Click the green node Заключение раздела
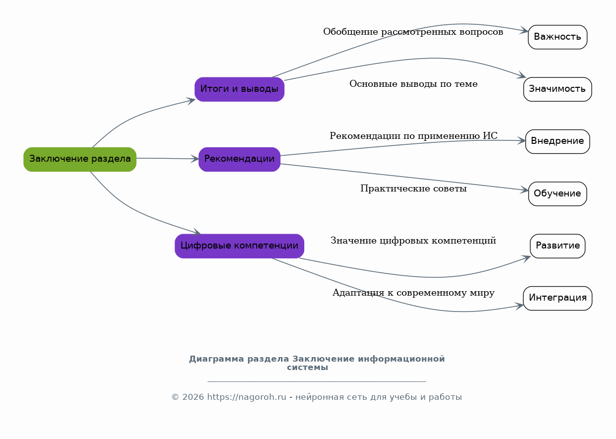click(x=80, y=159)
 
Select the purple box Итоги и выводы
click(x=239, y=89)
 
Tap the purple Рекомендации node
click(x=239, y=159)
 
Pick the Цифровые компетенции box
click(x=239, y=246)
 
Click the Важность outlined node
click(x=558, y=37)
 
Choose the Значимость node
click(x=558, y=89)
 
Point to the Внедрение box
click(x=558, y=141)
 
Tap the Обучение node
click(x=558, y=194)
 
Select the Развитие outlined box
click(x=558, y=246)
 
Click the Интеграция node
click(x=558, y=298)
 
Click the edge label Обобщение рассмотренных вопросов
click(x=413, y=32)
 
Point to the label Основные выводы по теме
click(x=413, y=84)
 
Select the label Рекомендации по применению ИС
click(x=413, y=136)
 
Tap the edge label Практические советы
click(x=413, y=188)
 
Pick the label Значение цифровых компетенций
click(x=413, y=241)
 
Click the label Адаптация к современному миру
click(x=413, y=293)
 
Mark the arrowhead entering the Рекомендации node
click(x=195, y=159)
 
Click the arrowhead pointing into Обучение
click(x=524, y=189)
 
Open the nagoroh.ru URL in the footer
click(x=246, y=397)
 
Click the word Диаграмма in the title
click(x=216, y=359)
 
